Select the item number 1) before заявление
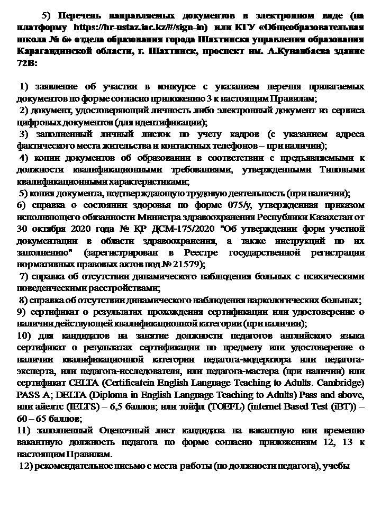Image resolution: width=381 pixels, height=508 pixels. click(24, 86)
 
